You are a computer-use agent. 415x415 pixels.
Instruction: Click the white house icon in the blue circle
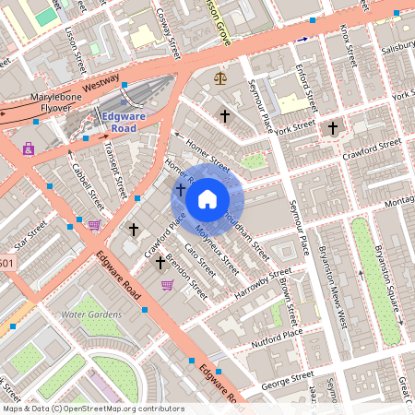pyautogui.click(x=207, y=198)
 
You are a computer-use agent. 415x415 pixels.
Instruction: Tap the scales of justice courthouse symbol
pyautogui.click(x=219, y=79)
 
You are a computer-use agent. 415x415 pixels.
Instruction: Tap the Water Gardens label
pyautogui.click(x=91, y=314)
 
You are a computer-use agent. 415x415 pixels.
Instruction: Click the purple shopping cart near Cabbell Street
pyautogui.click(x=93, y=224)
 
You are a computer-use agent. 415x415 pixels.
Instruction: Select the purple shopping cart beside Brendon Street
pyautogui.click(x=167, y=285)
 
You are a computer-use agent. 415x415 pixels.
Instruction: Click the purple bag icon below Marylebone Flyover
pyautogui.click(x=29, y=148)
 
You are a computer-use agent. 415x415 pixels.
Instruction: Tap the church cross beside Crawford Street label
pyautogui.click(x=333, y=129)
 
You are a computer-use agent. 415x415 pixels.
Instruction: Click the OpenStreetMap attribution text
pyautogui.click(x=93, y=408)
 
